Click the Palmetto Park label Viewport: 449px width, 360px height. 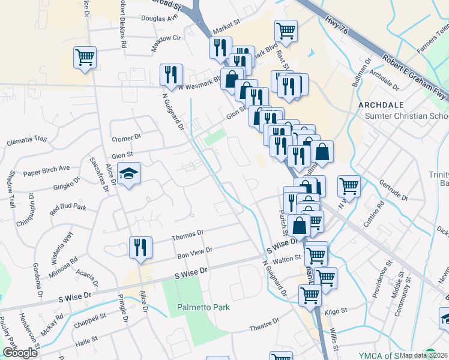coord(203,307)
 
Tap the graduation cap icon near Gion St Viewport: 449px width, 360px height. coord(129,174)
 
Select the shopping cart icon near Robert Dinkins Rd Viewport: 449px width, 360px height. coord(85,58)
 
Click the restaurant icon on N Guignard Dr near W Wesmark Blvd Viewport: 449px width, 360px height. coord(171,74)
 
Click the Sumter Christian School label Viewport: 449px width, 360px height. coord(407,116)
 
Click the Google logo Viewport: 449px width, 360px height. coord(20,352)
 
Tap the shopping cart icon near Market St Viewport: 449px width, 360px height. coord(286,31)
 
